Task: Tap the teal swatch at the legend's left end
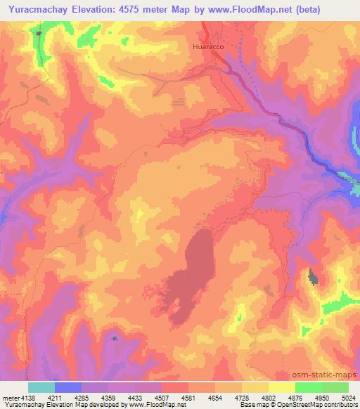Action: pos(41,387)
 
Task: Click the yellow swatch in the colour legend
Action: pos(281,387)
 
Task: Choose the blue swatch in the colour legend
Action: pos(68,387)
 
